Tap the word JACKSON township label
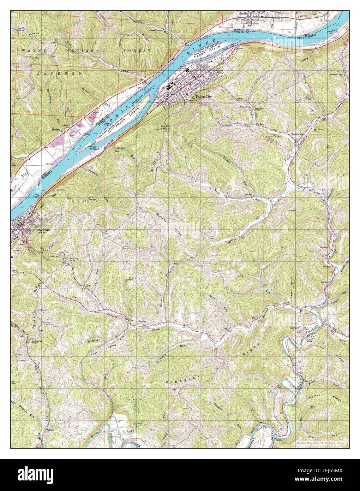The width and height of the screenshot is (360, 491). point(60,73)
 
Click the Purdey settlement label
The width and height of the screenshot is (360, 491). point(143,322)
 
